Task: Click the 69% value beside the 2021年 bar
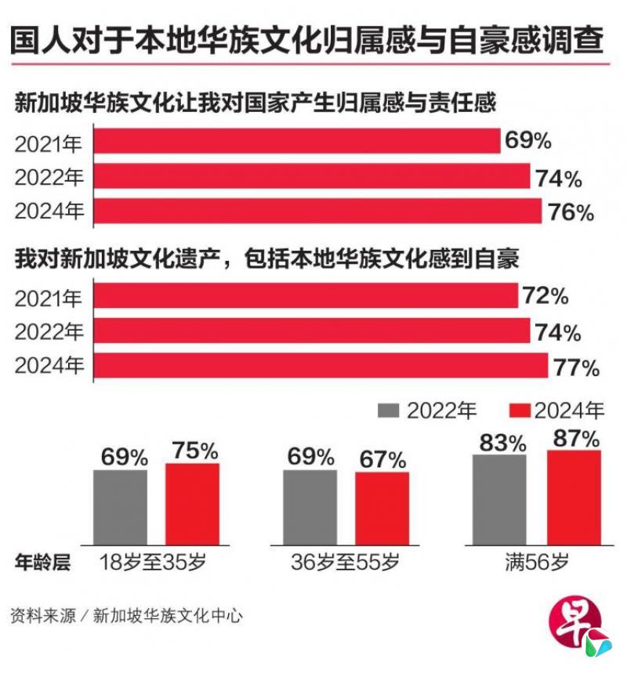pyautogui.click(x=527, y=141)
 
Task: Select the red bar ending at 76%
pyautogui.click(x=317, y=212)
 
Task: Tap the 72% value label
pyautogui.click(x=546, y=296)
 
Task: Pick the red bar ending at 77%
pyautogui.click(x=321, y=366)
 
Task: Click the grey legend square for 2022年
pyautogui.click(x=390, y=411)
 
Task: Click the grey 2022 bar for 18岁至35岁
pyautogui.click(x=120, y=507)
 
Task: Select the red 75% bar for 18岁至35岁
pyautogui.click(x=192, y=504)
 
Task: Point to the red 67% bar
pyautogui.click(x=382, y=508)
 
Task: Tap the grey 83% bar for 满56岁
pyautogui.click(x=500, y=499)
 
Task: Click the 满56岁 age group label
pyautogui.click(x=537, y=563)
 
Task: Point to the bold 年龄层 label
pyautogui.click(x=42, y=563)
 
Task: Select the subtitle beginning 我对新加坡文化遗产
pyautogui.click(x=266, y=259)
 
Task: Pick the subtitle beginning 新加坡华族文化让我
pyautogui.click(x=255, y=104)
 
